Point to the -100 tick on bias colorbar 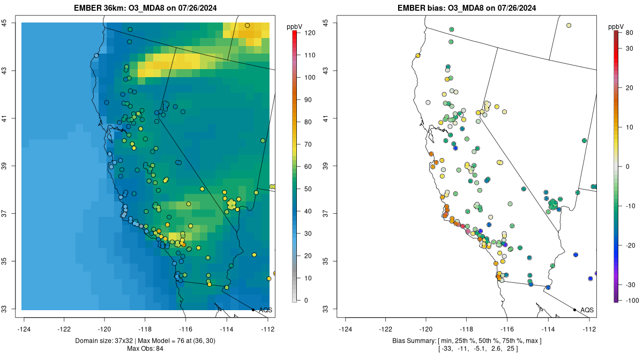[x=630, y=299]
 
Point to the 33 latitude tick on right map [x=325, y=309]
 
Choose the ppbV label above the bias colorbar [x=617, y=26]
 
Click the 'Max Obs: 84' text [x=145, y=349]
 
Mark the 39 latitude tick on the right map [x=325, y=166]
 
